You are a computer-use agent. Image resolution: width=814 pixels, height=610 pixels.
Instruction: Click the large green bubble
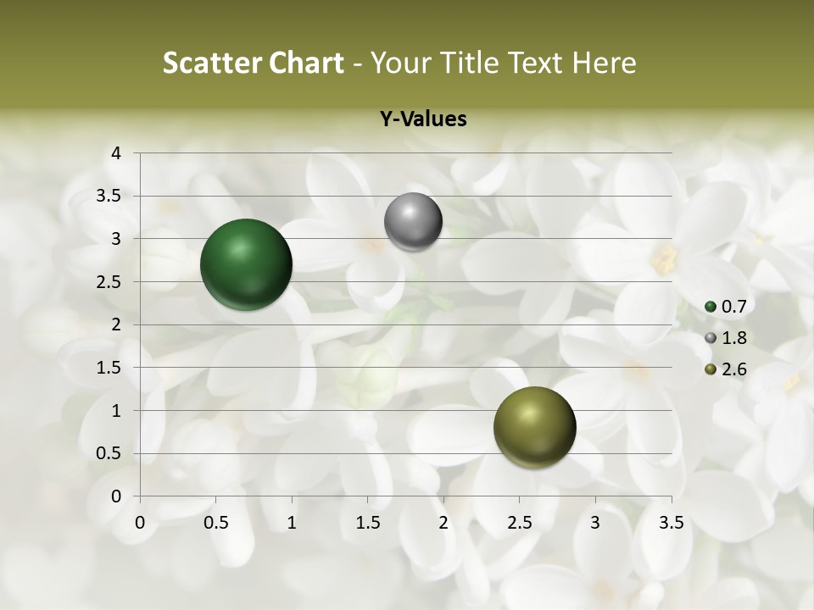pos(246,264)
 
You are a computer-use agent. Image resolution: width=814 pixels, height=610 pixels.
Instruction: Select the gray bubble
pos(413,222)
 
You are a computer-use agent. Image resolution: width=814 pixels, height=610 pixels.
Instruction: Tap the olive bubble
pos(534,427)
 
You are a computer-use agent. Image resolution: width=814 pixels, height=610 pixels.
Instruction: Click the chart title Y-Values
pos(423,119)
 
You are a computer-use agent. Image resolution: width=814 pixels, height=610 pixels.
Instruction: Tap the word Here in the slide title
pos(603,63)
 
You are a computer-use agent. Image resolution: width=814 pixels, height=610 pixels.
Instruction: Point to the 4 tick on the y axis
pos(117,153)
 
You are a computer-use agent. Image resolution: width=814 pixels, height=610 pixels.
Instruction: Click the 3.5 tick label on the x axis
pos(672,523)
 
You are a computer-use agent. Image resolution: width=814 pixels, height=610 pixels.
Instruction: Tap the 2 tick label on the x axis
pos(443,523)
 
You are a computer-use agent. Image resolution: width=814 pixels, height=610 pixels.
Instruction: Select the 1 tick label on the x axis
pos(292,523)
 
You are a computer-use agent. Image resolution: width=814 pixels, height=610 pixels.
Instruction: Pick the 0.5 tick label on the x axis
pos(215,523)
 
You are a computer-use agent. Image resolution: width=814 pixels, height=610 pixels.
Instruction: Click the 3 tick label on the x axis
pos(595,523)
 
